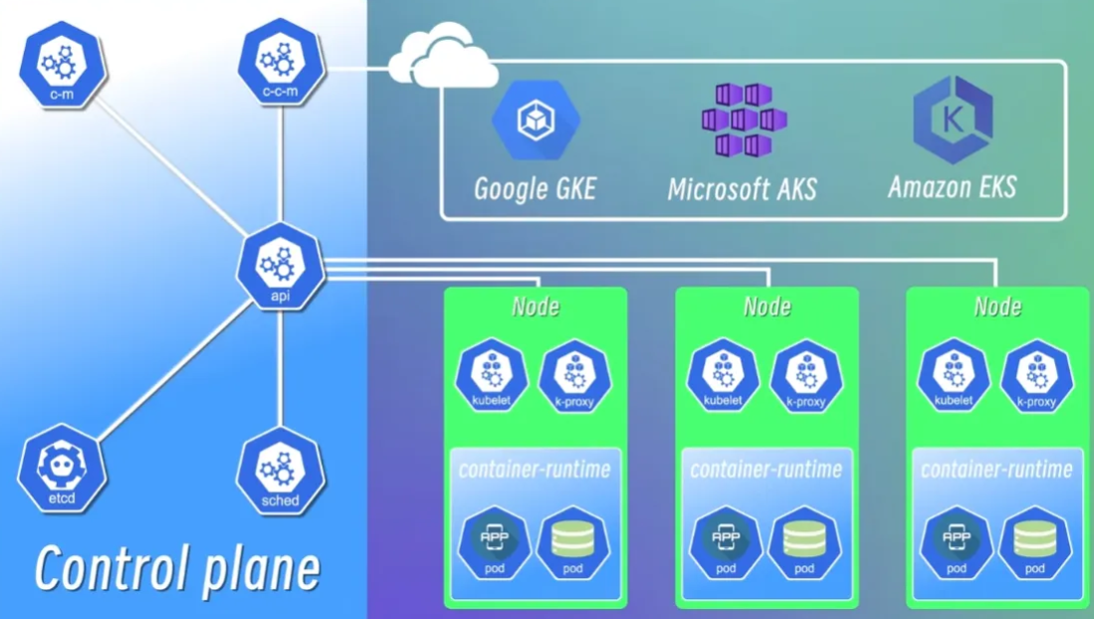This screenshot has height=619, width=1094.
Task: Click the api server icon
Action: [282, 267]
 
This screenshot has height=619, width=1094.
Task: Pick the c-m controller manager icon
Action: [63, 65]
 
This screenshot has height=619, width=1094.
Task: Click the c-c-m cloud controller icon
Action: [282, 67]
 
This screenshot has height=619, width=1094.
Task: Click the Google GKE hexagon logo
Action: [536, 120]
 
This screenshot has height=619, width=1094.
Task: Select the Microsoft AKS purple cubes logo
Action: [743, 120]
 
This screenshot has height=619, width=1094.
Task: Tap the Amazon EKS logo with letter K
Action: [953, 119]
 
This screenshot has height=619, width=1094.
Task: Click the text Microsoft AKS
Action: [743, 189]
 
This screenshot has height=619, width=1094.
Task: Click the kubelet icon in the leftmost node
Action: [491, 376]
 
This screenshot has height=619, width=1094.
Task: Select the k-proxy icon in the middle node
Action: [806, 376]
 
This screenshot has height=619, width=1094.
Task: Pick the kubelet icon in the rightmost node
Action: [954, 376]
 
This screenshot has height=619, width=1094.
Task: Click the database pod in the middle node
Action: [804, 542]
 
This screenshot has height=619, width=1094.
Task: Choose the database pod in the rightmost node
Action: [1034, 542]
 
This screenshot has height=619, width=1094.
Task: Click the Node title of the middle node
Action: [766, 306]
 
